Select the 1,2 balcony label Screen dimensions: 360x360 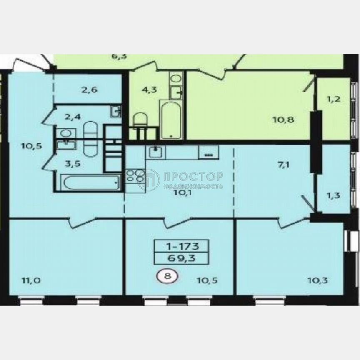pos(333,100)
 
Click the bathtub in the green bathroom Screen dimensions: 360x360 pos(171,119)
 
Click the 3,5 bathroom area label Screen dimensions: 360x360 pos(72,163)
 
